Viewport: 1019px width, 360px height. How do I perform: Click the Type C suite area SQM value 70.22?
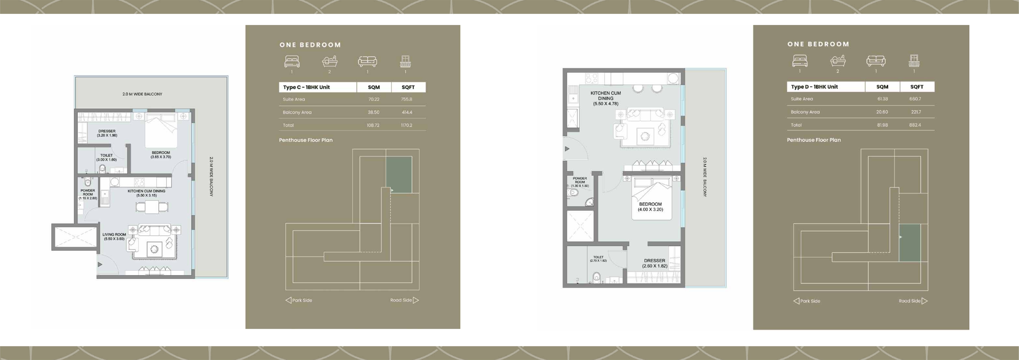tap(373, 99)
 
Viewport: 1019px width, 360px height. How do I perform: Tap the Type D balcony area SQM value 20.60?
tap(882, 112)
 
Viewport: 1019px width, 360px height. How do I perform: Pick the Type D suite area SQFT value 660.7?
tap(915, 99)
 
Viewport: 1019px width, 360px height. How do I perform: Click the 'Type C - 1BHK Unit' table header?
tap(306, 87)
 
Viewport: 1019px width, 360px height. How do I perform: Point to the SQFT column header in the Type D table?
tap(917, 87)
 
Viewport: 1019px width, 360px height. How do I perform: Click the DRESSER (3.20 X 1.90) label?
tap(107, 133)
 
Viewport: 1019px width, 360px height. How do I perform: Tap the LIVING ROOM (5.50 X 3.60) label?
tap(114, 237)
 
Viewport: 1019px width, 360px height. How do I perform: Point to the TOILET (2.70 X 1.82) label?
tap(598, 259)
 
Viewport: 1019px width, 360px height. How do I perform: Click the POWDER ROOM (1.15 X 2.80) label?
tap(88, 194)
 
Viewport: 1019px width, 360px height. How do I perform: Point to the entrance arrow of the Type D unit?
tap(567, 149)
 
